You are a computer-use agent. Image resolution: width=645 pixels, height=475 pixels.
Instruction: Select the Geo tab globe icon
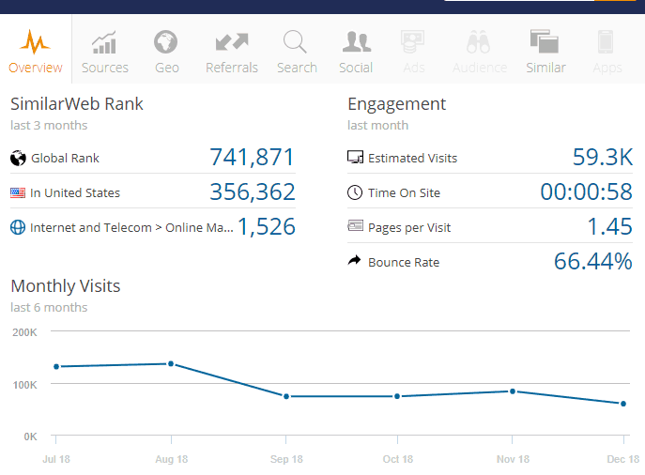[166, 42]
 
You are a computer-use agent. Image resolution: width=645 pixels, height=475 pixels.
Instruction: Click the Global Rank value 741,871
[252, 158]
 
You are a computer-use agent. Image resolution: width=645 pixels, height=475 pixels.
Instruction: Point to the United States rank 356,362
[252, 192]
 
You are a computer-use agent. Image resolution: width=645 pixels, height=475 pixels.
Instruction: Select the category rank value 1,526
[267, 226]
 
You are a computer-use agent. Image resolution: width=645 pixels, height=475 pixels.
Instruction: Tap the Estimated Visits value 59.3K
[602, 158]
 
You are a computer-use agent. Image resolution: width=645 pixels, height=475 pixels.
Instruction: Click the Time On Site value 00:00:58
[586, 192]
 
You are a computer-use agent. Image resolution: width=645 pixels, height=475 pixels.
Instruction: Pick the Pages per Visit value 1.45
[609, 226]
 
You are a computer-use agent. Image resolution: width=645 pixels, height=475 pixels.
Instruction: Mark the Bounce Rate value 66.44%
[592, 261]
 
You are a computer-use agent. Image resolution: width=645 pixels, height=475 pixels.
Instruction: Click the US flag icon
[18, 192]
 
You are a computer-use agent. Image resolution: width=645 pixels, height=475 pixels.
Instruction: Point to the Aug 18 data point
[171, 363]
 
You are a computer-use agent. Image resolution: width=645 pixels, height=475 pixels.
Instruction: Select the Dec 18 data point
[623, 404]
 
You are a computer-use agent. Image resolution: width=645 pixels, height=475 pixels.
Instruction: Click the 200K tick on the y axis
[23, 332]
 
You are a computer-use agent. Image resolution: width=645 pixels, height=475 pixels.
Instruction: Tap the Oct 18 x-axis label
[397, 459]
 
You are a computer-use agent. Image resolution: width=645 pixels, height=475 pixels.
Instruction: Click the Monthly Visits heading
[66, 285]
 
